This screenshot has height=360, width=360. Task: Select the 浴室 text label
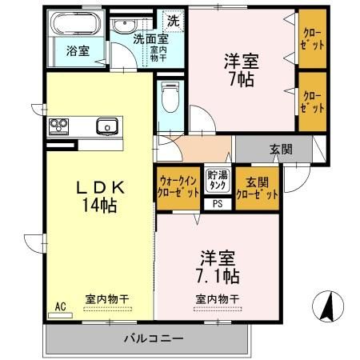pyautogui.click(x=77, y=50)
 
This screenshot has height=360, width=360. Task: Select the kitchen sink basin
pyautogui.click(x=106, y=125)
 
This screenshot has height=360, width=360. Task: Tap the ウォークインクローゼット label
pyautogui.click(x=178, y=186)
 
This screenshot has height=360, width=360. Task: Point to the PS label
pyautogui.click(x=217, y=203)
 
